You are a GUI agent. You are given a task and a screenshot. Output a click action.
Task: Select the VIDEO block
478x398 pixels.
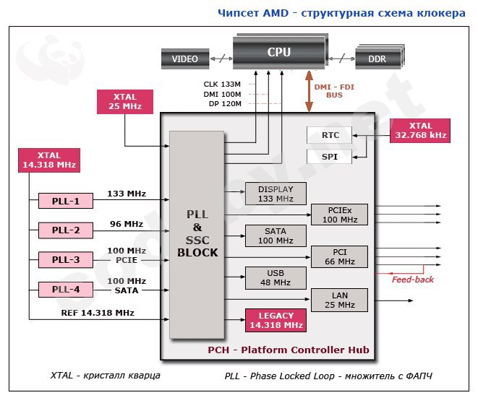pyautogui.click(x=185, y=59)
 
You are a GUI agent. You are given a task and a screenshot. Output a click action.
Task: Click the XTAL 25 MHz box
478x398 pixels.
pyautogui.click(x=125, y=102)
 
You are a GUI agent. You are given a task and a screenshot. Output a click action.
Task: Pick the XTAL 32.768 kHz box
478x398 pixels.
pyautogui.click(x=420, y=131)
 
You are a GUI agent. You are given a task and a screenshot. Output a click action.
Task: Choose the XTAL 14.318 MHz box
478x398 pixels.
pyautogui.click(x=49, y=160)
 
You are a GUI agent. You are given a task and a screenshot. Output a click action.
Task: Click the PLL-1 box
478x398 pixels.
pyautogui.click(x=66, y=201)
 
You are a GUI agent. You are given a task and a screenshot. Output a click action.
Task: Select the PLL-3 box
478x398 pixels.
pyautogui.click(x=66, y=260)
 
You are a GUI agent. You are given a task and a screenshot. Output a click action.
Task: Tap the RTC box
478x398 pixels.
pyautogui.click(x=330, y=135)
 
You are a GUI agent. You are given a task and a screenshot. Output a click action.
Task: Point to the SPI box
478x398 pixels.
pyautogui.click(x=330, y=157)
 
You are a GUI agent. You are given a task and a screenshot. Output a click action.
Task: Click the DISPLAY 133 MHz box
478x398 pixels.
pyautogui.click(x=276, y=194)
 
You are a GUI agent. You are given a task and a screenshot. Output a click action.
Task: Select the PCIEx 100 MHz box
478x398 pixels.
pyautogui.click(x=339, y=215)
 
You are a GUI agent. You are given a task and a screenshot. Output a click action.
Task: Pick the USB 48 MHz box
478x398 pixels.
pyautogui.click(x=276, y=278)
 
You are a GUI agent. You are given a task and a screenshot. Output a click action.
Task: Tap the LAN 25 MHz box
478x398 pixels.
pyautogui.click(x=339, y=300)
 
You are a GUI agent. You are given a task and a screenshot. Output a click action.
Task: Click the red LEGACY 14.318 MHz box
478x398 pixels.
pyautogui.click(x=276, y=320)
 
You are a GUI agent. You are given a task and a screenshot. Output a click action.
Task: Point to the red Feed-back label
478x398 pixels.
pyautogui.click(x=413, y=280)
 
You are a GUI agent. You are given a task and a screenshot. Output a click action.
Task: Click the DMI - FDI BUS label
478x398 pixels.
pyautogui.click(x=334, y=91)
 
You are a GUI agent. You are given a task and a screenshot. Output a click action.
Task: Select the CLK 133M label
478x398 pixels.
pyautogui.click(x=222, y=84)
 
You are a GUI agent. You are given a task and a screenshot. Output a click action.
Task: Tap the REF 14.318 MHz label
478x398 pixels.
pyautogui.click(x=98, y=313)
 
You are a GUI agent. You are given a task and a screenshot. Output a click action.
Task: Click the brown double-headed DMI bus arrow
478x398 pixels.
pyautogui.click(x=309, y=91)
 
